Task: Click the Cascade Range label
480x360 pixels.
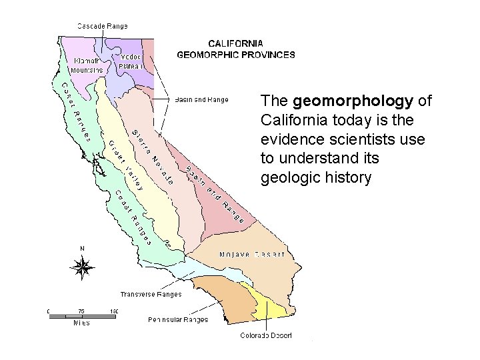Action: coord(102,26)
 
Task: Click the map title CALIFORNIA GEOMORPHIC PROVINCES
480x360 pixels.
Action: coord(235,49)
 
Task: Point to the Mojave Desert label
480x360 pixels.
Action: coord(252,254)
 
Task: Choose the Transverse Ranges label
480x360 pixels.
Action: coord(151,293)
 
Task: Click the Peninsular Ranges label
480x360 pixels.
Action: coord(178,319)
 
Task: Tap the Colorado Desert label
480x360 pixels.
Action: coord(266,335)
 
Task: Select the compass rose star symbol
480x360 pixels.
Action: coord(83,268)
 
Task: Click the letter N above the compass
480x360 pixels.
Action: coord(83,249)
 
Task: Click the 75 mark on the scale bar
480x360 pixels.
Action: coord(81,311)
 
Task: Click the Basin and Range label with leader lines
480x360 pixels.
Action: coord(201,100)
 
